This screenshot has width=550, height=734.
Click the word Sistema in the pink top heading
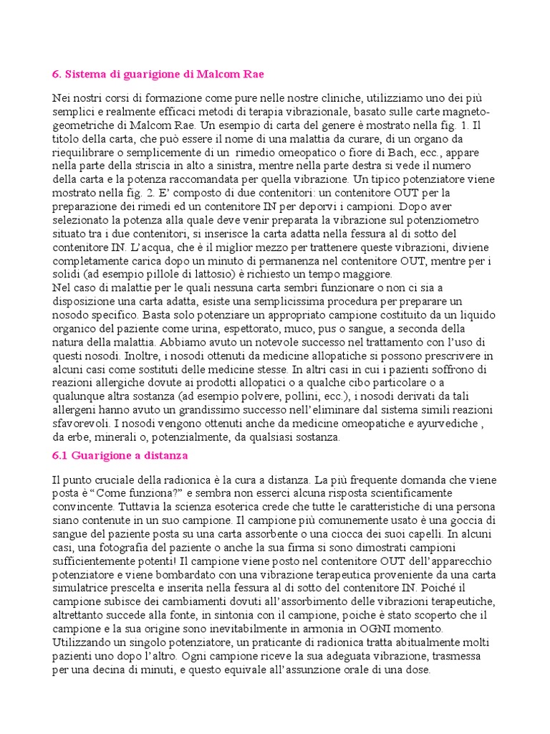point(86,75)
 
